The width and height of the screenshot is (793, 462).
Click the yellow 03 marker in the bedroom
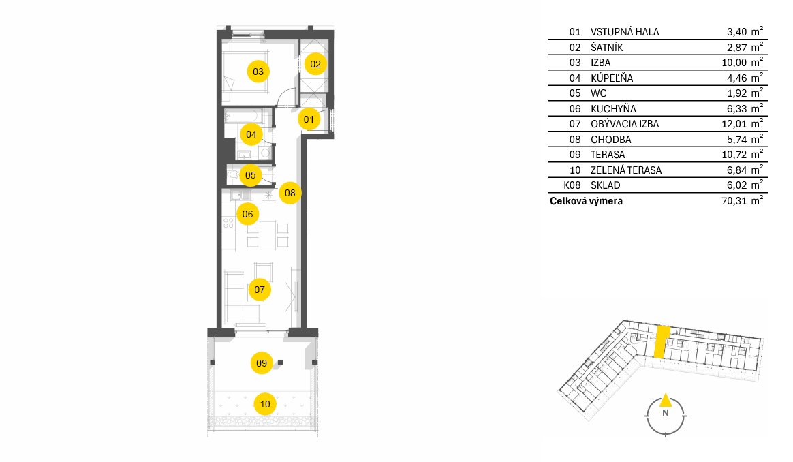tap(258, 72)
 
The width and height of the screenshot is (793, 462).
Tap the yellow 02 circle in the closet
tap(315, 64)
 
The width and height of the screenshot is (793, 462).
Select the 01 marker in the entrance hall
tap(309, 119)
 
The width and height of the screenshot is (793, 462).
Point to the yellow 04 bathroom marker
tap(251, 134)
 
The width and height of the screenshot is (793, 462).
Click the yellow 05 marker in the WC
tap(250, 175)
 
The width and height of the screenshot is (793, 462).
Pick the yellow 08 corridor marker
tap(290, 193)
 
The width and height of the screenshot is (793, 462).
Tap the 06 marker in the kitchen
tap(247, 214)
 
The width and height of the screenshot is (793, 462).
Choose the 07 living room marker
tap(260, 290)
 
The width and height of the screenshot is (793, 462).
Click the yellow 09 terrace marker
tap(262, 363)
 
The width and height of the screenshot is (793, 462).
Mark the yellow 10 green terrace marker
tap(265, 404)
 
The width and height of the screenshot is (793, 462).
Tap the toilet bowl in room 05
tap(233, 175)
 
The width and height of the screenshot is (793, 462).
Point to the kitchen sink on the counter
tap(240, 195)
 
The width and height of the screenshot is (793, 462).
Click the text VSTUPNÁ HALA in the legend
tap(625, 32)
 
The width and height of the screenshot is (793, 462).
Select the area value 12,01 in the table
tap(734, 124)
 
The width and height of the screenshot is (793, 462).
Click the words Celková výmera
tap(586, 201)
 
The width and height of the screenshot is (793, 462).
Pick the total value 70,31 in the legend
tap(734, 201)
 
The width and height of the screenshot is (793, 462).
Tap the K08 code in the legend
tap(572, 185)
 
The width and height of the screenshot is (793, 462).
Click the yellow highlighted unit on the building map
tap(662, 342)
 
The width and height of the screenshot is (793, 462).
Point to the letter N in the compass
tap(666, 413)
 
